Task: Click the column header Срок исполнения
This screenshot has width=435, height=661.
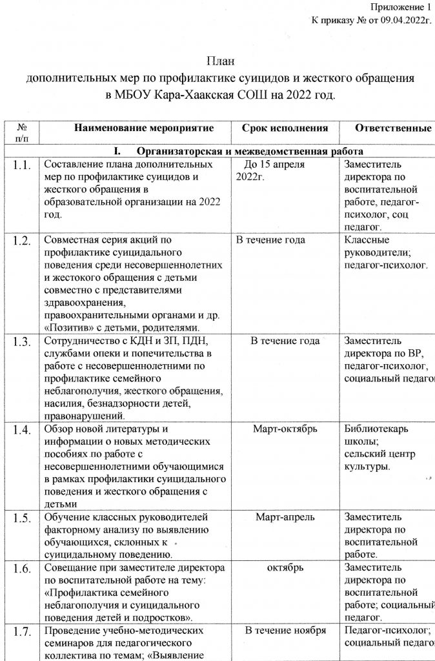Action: [285, 128]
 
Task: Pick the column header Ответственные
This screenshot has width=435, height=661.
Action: [393, 128]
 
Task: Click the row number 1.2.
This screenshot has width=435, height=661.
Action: [22, 242]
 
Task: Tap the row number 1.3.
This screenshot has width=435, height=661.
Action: [22, 342]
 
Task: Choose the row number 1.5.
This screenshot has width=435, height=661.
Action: [22, 518]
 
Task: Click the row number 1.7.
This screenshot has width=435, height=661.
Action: [22, 632]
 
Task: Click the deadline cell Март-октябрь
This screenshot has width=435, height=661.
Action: [285, 429]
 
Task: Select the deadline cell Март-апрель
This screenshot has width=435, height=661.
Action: [285, 517]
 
